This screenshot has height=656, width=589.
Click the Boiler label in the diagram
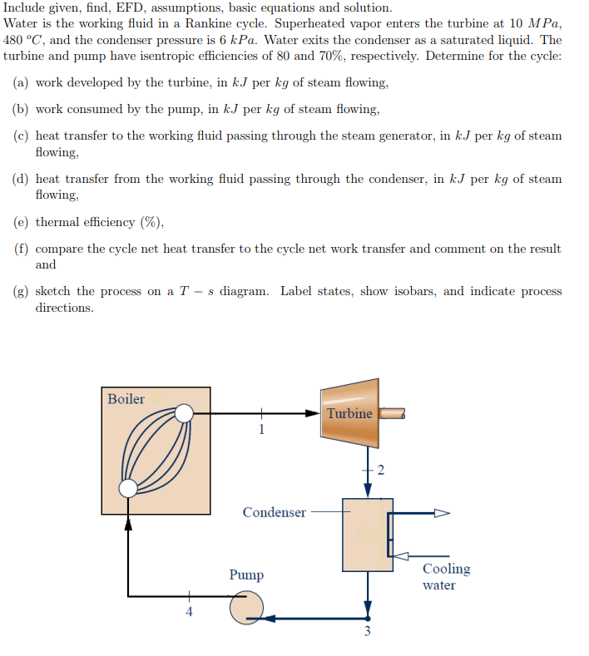coord(126,399)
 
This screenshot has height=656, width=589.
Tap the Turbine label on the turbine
coord(349,413)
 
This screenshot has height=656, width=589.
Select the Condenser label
coord(274,512)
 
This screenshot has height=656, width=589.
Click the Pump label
coord(246,575)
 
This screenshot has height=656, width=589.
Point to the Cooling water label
coord(446,577)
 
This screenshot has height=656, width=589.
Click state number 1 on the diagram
coord(261,430)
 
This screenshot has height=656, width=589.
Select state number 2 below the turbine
coord(381,471)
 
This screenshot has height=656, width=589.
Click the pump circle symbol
coord(245,607)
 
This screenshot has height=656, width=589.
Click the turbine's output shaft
coord(392,413)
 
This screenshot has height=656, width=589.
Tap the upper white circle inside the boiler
coord(184,413)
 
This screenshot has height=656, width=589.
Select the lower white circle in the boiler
coord(128,488)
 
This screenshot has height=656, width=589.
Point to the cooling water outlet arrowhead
coord(442,513)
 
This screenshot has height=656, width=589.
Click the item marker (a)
coord(22,83)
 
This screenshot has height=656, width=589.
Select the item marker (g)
coord(22,292)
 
